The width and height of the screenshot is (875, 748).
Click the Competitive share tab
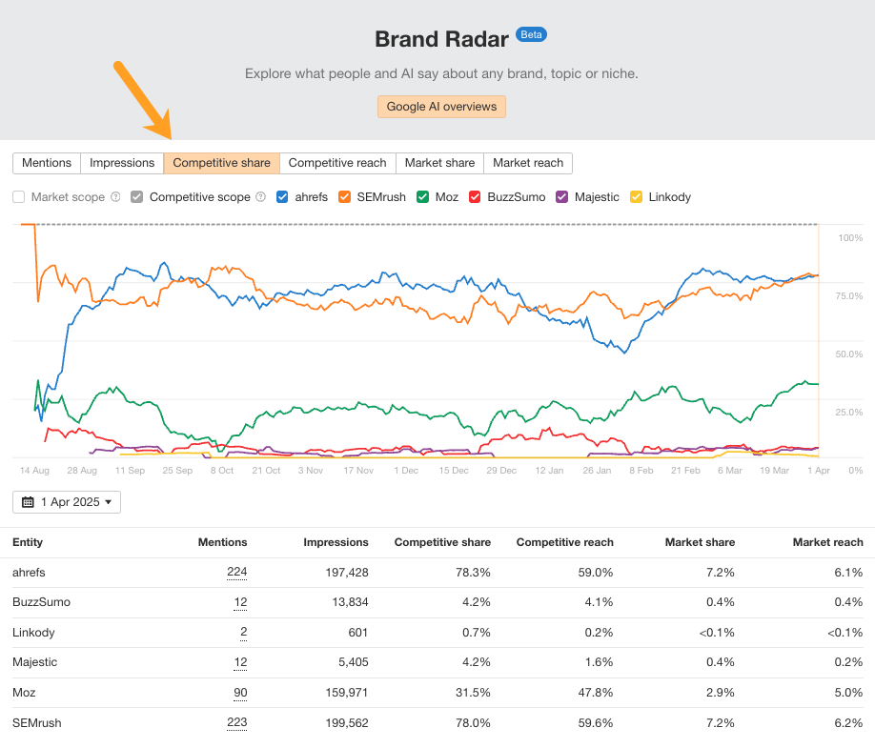tap(221, 163)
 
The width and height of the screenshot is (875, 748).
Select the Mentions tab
tap(47, 163)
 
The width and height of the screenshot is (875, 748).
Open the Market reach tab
tap(528, 163)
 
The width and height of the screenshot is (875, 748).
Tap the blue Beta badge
tap(531, 34)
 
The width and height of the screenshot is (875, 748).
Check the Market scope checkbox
tap(19, 197)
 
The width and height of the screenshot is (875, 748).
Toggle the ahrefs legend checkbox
tap(282, 197)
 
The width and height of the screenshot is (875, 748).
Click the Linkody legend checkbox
tap(637, 197)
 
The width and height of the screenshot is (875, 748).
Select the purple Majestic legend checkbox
tap(562, 197)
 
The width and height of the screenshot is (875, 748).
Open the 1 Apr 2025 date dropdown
tap(67, 501)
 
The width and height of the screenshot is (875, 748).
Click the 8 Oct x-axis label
tap(221, 470)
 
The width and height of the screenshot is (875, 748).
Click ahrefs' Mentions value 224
tap(236, 573)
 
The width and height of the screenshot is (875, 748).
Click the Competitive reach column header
tap(564, 542)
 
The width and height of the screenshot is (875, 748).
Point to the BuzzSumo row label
tap(41, 602)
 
